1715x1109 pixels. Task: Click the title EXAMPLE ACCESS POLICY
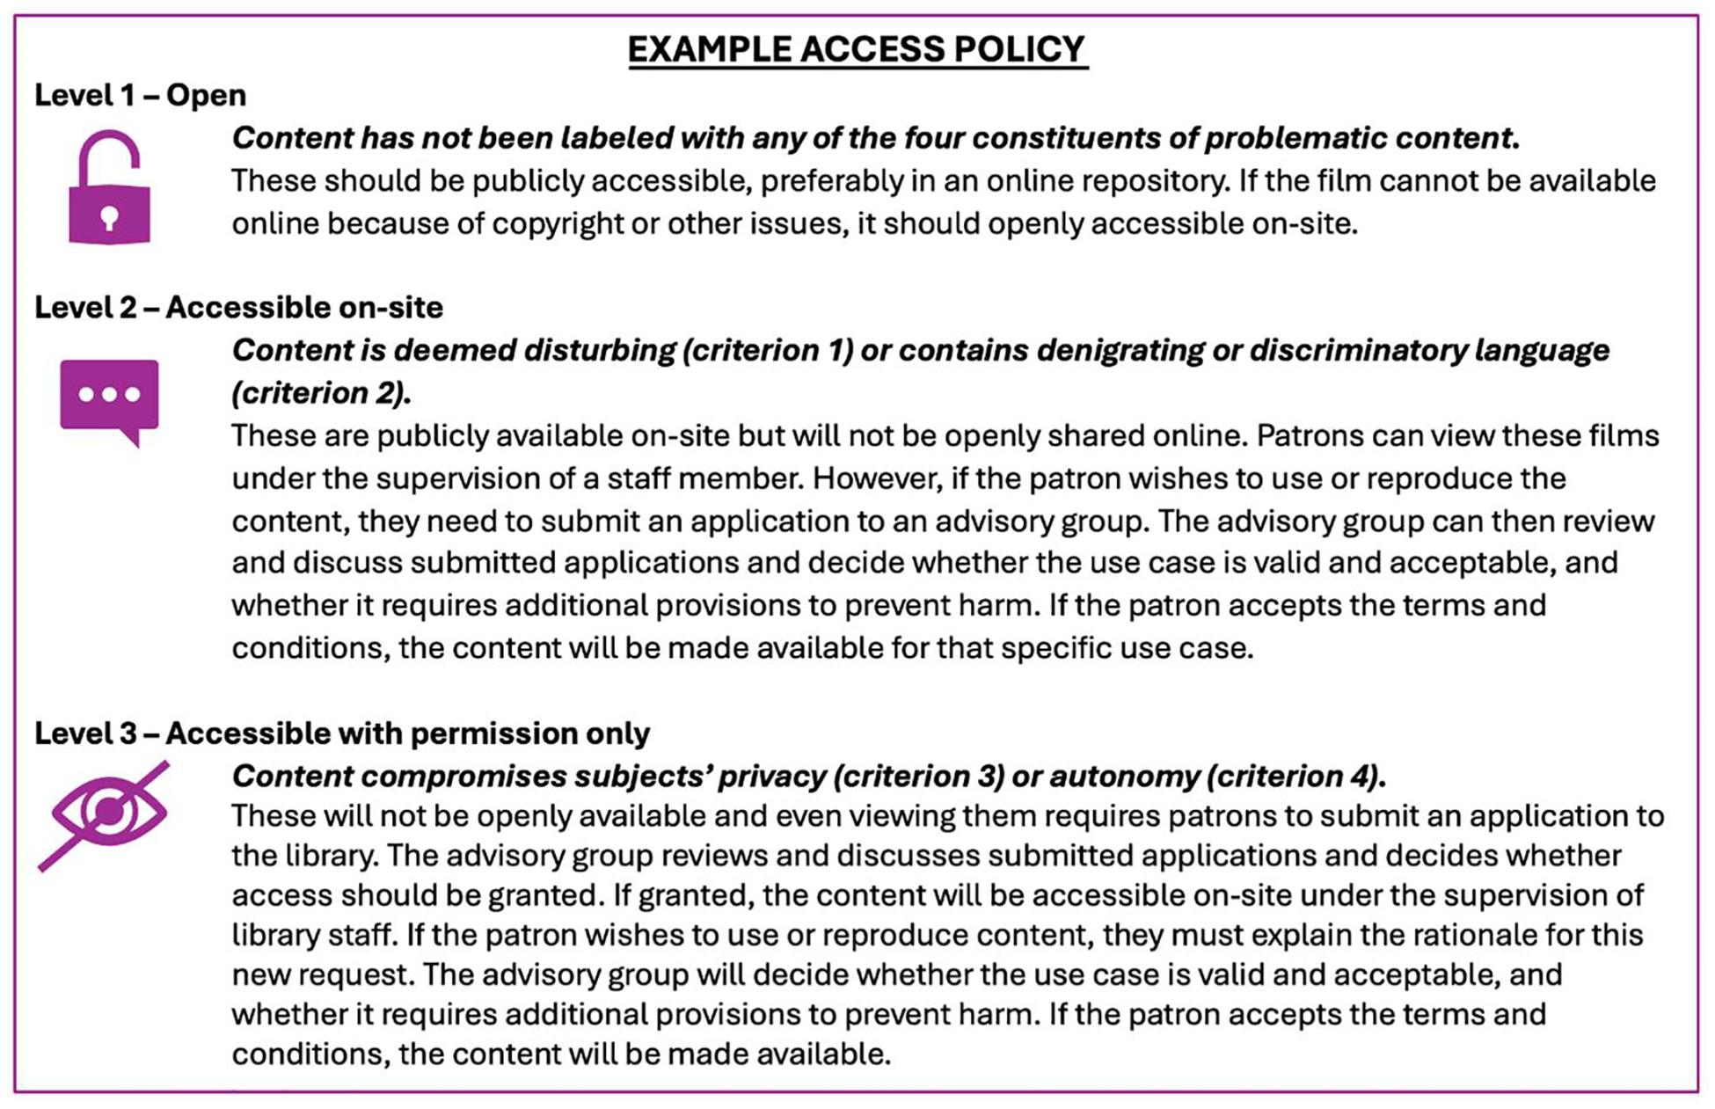click(x=857, y=49)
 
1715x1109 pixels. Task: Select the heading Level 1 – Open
click(x=140, y=95)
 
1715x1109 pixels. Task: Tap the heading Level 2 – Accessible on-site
click(x=238, y=307)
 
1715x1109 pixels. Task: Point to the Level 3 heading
click(x=342, y=733)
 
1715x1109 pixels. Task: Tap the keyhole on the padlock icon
click(x=109, y=217)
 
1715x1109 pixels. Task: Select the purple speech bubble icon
click(x=109, y=398)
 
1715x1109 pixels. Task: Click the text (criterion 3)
click(x=918, y=776)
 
